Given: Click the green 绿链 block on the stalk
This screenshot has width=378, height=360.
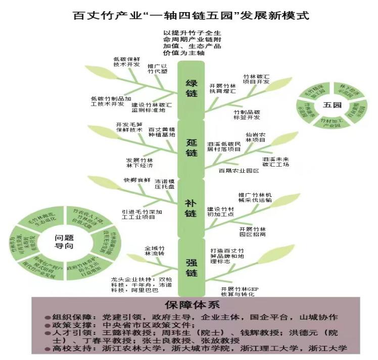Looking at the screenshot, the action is (192, 89).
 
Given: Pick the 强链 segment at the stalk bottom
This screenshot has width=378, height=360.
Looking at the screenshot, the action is (191, 267).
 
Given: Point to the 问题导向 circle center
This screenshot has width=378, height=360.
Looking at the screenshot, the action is (64, 241).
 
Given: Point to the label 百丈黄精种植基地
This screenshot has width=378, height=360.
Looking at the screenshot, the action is (161, 132).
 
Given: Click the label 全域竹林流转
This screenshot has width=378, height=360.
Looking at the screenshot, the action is (155, 251).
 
